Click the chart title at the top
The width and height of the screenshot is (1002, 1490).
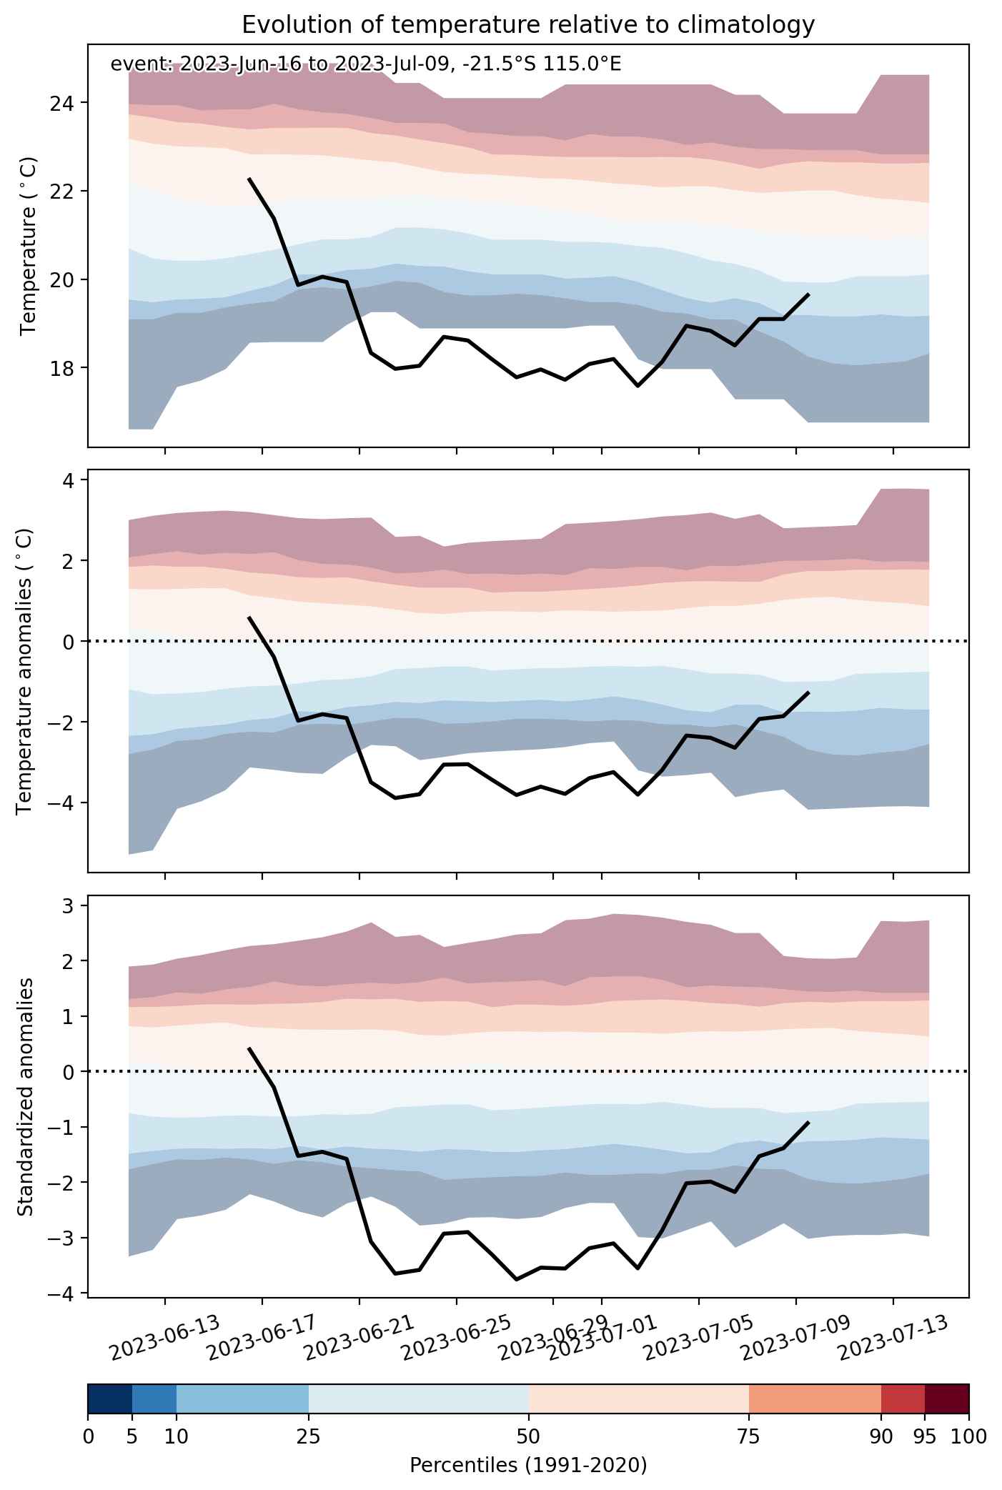click(528, 25)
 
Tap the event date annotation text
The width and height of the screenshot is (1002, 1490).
click(366, 64)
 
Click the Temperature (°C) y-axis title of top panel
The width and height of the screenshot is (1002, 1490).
click(29, 246)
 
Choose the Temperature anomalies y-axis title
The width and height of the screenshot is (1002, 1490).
click(24, 670)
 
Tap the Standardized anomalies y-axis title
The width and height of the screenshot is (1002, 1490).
click(24, 1096)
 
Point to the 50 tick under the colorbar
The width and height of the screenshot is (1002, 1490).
click(529, 1436)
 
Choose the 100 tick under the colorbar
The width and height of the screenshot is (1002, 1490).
click(968, 1436)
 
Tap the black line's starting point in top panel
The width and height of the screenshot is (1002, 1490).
click(249, 179)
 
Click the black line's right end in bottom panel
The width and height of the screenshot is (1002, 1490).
click(808, 1122)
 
